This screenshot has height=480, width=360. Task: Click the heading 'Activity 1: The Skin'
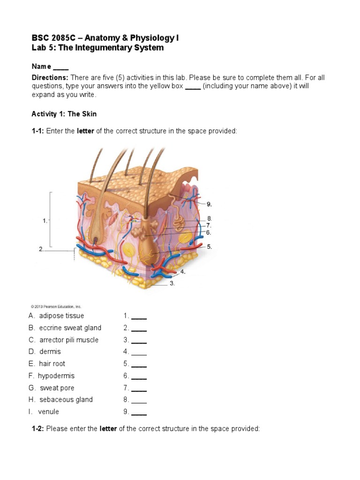[x=64, y=114]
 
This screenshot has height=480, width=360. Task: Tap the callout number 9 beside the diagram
[x=210, y=204]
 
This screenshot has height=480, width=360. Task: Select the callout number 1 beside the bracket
[x=45, y=220]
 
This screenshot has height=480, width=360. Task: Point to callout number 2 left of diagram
[x=41, y=249]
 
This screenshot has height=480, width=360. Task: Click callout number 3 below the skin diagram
[x=172, y=283]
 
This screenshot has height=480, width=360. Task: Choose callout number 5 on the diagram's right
[x=209, y=246]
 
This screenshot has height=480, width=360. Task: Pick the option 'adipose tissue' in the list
[x=61, y=315]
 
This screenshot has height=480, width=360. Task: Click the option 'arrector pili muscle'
[x=68, y=340]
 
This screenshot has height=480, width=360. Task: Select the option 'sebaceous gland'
[x=66, y=399]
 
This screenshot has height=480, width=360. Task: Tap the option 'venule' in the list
[x=49, y=412]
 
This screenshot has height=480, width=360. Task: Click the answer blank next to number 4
[x=139, y=352]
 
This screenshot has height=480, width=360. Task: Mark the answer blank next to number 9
[x=139, y=412]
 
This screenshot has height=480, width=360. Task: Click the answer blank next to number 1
[x=139, y=316]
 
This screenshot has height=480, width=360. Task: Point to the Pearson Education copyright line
[x=56, y=307]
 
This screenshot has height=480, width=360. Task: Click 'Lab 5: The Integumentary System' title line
[x=97, y=48]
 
